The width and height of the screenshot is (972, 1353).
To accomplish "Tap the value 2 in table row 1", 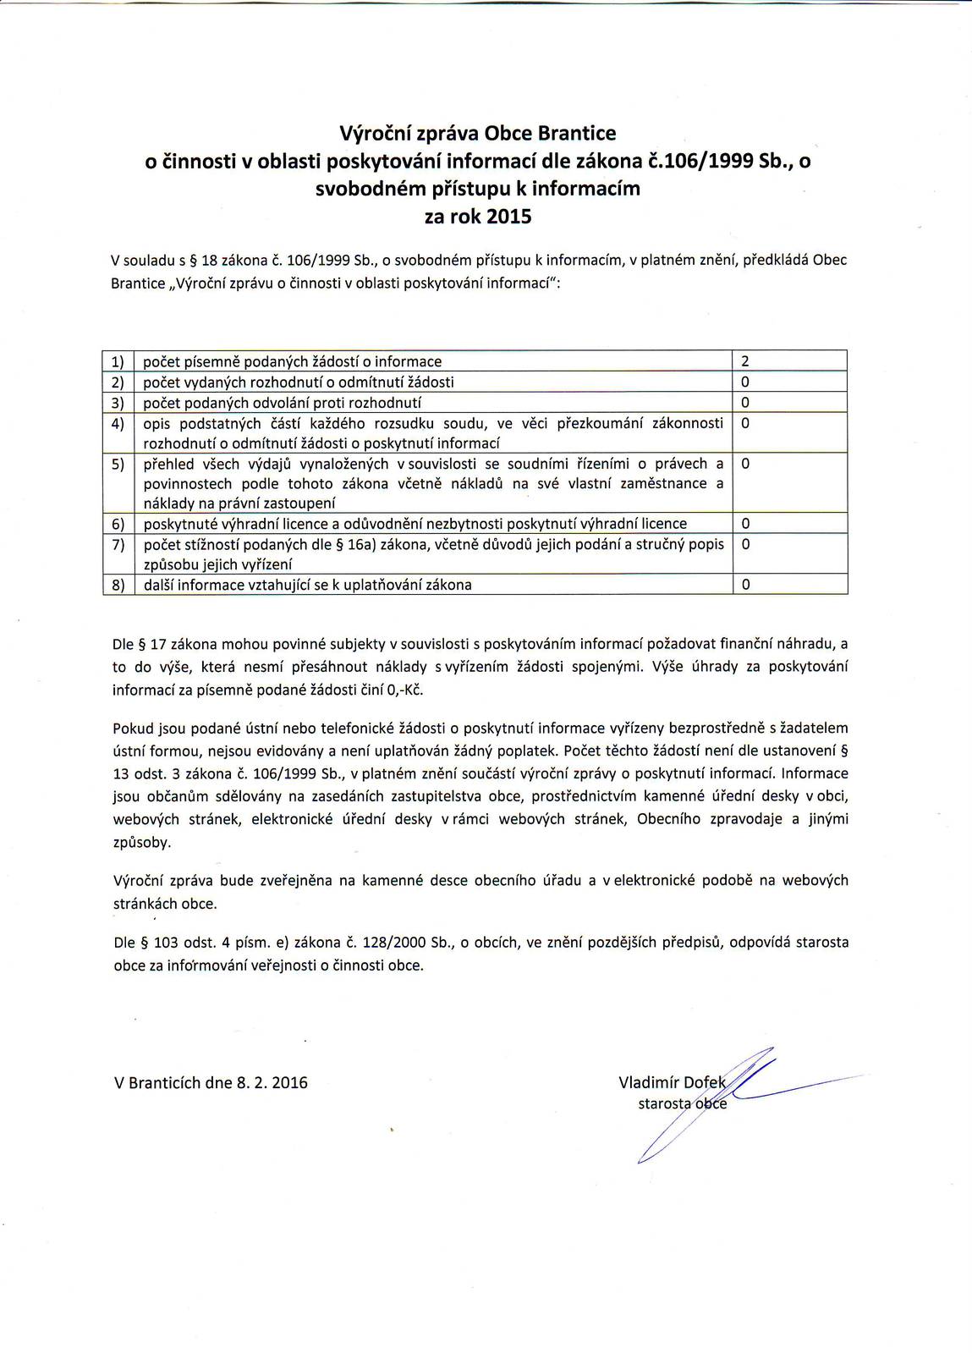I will pos(744,362).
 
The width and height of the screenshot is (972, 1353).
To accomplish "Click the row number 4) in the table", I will pos(118,423).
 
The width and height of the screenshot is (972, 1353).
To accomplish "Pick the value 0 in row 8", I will pos(745,585).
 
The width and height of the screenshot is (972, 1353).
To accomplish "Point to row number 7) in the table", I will pos(118,544).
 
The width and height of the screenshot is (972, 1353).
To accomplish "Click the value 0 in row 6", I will pos(745,524).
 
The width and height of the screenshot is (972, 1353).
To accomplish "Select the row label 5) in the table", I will pos(118,464).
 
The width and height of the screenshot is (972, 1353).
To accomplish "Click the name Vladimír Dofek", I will pos(672,1082).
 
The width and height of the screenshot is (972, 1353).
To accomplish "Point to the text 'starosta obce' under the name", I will pos(682,1103).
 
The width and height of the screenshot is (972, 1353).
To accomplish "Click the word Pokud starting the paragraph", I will pos(132,728).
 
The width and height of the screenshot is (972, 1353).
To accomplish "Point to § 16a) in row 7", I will pos(356,544).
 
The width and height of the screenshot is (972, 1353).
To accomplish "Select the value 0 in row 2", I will pos(745,382).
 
